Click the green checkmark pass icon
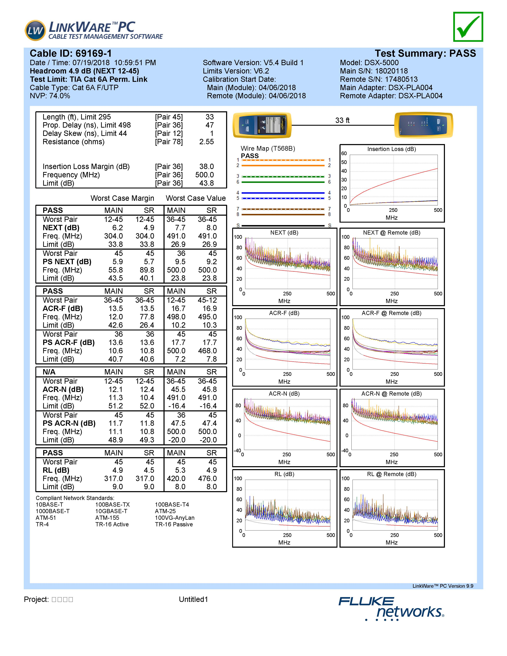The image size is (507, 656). point(468,27)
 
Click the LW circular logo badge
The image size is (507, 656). point(35,30)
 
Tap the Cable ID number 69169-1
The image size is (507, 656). point(93,53)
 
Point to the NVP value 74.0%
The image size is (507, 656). point(59,96)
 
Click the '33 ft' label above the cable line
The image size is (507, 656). point(342,120)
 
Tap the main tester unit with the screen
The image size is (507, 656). point(262,125)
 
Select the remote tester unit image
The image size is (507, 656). point(423,125)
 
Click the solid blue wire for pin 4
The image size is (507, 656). point(283,193)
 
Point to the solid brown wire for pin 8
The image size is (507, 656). point(283,214)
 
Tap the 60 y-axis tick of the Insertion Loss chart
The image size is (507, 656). point(344,153)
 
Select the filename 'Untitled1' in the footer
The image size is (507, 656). point(194,599)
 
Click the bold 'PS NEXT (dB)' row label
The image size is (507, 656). point(67,262)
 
